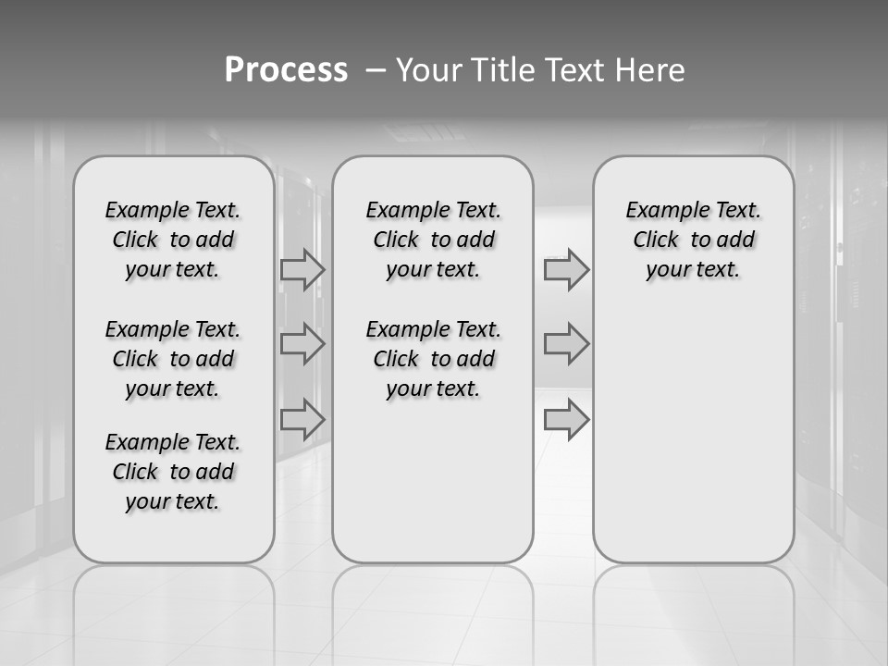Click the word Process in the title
pyautogui.click(x=286, y=69)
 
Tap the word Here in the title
pyautogui.click(x=647, y=69)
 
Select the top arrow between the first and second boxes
pyautogui.click(x=302, y=269)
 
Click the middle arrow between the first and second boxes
pyautogui.click(x=302, y=344)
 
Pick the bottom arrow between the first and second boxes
pyautogui.click(x=302, y=419)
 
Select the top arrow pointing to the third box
pyautogui.click(x=566, y=269)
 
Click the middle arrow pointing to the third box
pyautogui.click(x=566, y=344)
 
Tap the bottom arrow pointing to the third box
pyautogui.click(x=566, y=419)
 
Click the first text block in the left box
pyautogui.click(x=173, y=240)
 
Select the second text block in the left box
pyautogui.click(x=173, y=359)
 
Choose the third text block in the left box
pyautogui.click(x=173, y=472)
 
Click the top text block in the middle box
pyautogui.click(x=433, y=240)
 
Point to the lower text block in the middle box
pyautogui.click(x=433, y=359)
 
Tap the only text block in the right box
pyautogui.click(x=693, y=240)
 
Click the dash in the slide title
pyautogui.click(x=376, y=69)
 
